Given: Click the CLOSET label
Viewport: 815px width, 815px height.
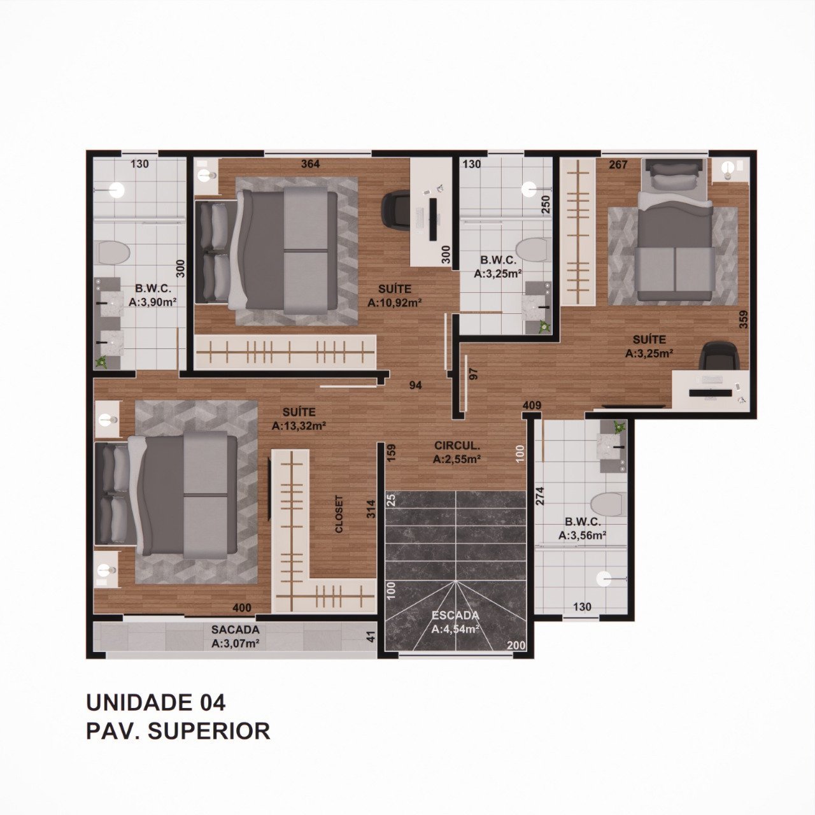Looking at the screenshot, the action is tap(339, 514).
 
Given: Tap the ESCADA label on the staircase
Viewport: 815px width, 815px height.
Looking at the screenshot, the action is tap(455, 615).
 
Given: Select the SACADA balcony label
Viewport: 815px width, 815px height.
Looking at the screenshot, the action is tap(235, 629).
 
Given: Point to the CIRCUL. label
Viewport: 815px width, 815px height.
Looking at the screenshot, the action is tap(457, 445).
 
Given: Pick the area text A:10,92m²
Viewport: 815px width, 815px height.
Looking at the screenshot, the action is tap(395, 303).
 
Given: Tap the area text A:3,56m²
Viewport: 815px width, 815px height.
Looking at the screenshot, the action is tap(583, 535).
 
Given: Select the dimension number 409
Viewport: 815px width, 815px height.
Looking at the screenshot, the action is tap(532, 405).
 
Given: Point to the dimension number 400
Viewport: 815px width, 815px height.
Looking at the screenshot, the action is tap(242, 608).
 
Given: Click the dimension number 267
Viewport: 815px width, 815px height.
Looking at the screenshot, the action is tap(618, 164).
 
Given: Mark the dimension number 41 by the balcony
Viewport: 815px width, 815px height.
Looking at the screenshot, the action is tap(371, 637).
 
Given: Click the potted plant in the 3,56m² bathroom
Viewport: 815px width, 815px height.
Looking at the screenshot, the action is tap(620, 427).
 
